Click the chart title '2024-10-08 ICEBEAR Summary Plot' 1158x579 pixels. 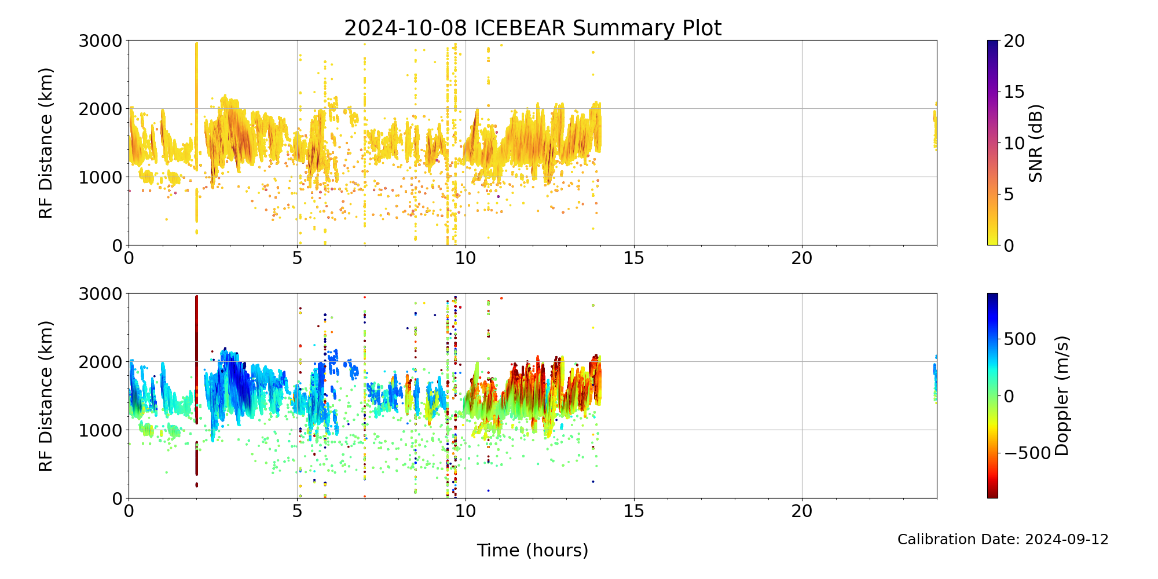pos(533,28)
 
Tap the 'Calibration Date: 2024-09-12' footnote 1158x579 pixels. pos(1003,540)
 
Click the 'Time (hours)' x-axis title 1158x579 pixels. pos(533,550)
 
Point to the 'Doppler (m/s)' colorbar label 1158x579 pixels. pos(1062,395)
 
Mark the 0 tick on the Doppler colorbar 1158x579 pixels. pos(1009,396)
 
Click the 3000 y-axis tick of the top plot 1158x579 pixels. pos(100,41)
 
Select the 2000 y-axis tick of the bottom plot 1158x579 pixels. pos(100,362)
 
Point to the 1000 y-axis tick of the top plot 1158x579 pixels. pos(100,177)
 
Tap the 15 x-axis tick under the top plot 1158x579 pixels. pos(634,258)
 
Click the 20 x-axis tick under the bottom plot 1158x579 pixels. pos(802,511)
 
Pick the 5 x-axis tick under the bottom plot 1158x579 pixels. pos(297,511)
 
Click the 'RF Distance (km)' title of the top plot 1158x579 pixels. pos(46,143)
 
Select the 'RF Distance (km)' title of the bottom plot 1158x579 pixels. pos(46,396)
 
